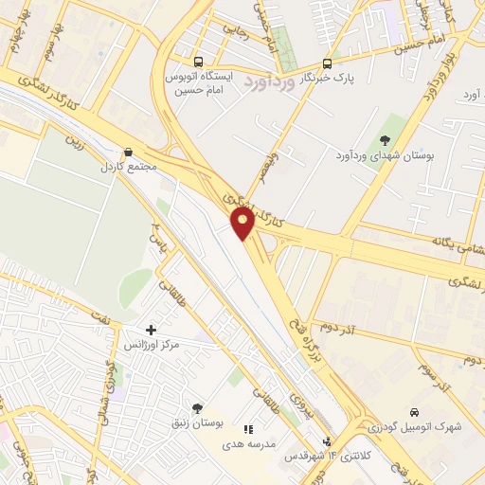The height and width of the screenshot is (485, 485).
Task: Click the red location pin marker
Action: [x=243, y=223]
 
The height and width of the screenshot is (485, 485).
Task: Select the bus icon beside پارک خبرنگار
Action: [x=327, y=64]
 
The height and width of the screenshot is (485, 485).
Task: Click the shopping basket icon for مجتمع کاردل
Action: [x=128, y=152]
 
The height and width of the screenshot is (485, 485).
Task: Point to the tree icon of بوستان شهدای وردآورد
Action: [x=384, y=140]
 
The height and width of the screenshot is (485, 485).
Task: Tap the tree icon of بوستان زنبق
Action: [x=197, y=408]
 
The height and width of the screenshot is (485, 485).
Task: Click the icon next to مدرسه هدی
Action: [x=249, y=429]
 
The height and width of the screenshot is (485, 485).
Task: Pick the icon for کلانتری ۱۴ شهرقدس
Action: [x=328, y=441]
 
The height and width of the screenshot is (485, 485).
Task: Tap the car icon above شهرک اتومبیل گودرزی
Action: [x=415, y=412]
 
